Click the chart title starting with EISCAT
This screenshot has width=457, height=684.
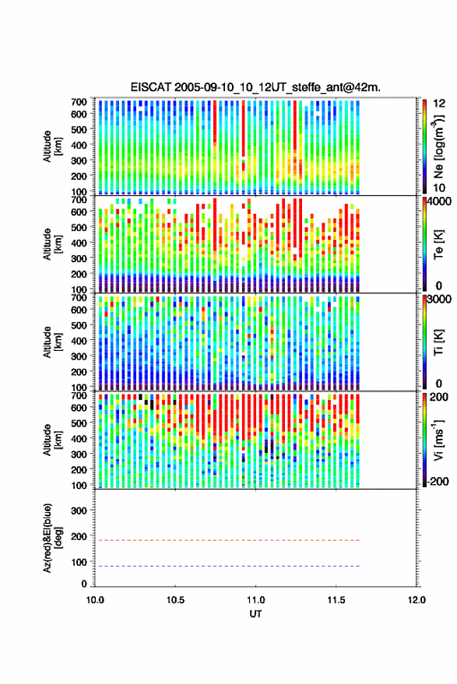pyautogui.click(x=255, y=87)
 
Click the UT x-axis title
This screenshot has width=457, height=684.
pyautogui.click(x=256, y=614)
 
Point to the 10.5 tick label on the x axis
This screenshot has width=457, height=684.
pyautogui.click(x=175, y=600)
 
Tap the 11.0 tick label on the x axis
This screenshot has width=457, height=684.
pyautogui.click(x=255, y=600)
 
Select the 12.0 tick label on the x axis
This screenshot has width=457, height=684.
pyautogui.click(x=417, y=600)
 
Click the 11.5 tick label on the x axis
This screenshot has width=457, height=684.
pyautogui.click(x=336, y=600)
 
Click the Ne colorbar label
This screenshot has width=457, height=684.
pyautogui.click(x=438, y=146)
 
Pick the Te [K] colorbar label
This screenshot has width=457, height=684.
pyautogui.click(x=438, y=244)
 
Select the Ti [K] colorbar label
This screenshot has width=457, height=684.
pyautogui.click(x=438, y=342)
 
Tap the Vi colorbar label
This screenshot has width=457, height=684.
pyautogui.click(x=438, y=440)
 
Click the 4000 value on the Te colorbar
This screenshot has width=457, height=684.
pyautogui.click(x=440, y=203)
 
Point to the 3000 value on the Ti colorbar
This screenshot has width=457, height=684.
pyautogui.click(x=440, y=300)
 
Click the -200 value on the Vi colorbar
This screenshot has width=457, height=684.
pyautogui.click(x=437, y=482)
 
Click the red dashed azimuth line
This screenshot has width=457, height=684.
pyautogui.click(x=227, y=540)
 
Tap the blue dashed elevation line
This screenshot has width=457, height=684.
pyautogui.click(x=227, y=566)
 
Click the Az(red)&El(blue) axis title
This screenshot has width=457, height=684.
pyautogui.click(x=52, y=538)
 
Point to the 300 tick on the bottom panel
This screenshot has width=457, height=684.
pyautogui.click(x=79, y=510)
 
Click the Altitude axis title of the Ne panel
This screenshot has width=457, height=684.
pyautogui.click(x=52, y=146)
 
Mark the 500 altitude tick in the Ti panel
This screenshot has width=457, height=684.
pyautogui.click(x=79, y=325)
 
